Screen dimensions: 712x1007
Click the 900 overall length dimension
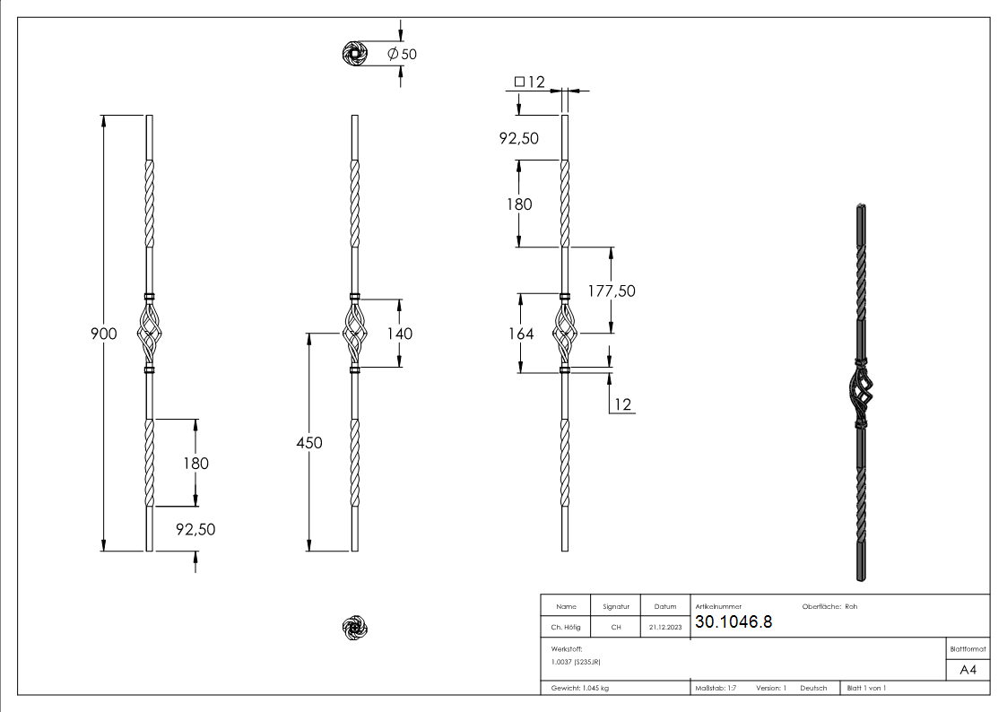pos(104,334)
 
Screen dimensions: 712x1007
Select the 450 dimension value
pos(308,442)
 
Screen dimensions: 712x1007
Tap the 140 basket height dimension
pos(399,334)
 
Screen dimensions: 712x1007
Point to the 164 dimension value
pos(520,334)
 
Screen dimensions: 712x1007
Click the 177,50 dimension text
pos(611,291)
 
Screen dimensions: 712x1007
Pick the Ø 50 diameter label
pos(402,54)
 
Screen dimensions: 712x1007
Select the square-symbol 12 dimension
pos(530,82)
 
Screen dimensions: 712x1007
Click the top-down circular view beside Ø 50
pos(355,55)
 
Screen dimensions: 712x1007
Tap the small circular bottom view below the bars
pos(355,629)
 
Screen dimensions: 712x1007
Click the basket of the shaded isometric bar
pos(859,391)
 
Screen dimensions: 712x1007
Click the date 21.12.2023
pos(664,628)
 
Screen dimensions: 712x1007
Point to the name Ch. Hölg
pos(566,628)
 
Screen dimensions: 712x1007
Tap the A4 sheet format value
pos(968,670)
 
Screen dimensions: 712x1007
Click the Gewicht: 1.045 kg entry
pos(579,688)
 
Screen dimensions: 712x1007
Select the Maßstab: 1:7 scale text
pos(716,688)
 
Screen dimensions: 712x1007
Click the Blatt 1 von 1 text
pos(866,688)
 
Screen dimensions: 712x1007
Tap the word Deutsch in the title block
pos(812,688)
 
